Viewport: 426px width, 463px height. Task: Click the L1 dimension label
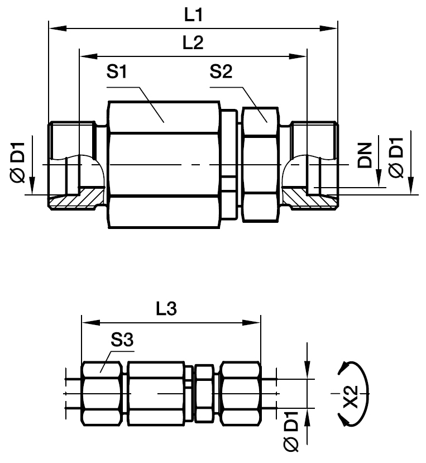tap(193, 15)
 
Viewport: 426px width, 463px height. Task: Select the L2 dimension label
tap(193, 42)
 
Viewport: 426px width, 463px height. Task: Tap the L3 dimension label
tap(166, 308)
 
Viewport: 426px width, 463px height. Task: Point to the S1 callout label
tap(117, 71)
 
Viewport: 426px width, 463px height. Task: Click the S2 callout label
tap(221, 71)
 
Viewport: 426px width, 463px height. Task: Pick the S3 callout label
tap(122, 340)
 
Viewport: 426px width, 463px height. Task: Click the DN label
tap(365, 155)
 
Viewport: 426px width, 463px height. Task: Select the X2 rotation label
tap(351, 397)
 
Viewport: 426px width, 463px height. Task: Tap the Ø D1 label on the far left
tap(18, 163)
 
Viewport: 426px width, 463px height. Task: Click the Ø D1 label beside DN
tap(396, 157)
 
